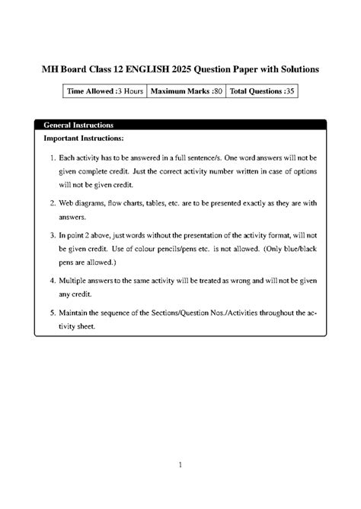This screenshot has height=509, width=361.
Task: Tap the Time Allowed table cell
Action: (104, 91)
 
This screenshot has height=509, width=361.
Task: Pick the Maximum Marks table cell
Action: (187, 91)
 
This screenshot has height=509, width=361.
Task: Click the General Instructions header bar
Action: (180, 123)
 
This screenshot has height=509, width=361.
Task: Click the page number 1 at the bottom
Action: (180, 464)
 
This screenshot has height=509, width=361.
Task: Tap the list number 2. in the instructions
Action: (53, 204)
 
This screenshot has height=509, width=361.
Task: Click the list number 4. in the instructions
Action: (53, 282)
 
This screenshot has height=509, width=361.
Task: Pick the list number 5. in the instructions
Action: (53, 313)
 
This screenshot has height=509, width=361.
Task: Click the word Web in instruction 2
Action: (69, 204)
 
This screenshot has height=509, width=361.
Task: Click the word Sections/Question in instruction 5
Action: (186, 313)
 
